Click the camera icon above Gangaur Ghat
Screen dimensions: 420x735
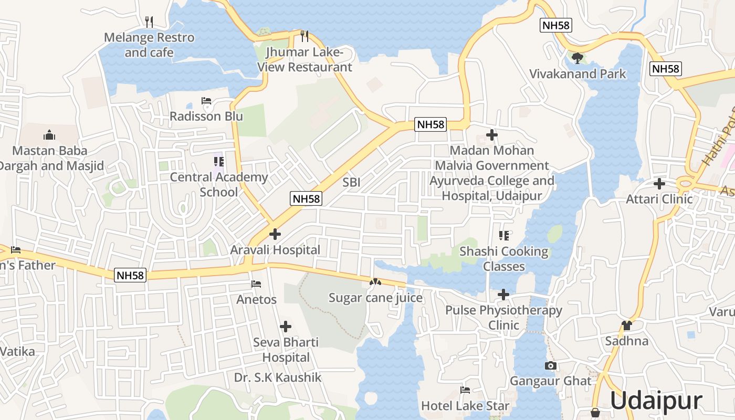pyautogui.click(x=550, y=365)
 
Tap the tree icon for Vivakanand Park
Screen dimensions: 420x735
pyautogui.click(x=577, y=57)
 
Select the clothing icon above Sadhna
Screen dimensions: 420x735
pyautogui.click(x=626, y=325)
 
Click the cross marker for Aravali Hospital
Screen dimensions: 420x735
pyautogui.click(x=275, y=234)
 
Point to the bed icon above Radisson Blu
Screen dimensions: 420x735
pyautogui.click(x=206, y=101)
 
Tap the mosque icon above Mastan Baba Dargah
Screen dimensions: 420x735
pyautogui.click(x=49, y=135)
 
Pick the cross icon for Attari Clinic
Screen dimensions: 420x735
pyautogui.click(x=659, y=184)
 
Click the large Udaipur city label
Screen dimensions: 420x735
pyautogui.click(x=656, y=401)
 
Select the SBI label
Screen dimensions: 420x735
pyautogui.click(x=351, y=183)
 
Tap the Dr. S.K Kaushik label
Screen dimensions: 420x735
pyautogui.click(x=278, y=377)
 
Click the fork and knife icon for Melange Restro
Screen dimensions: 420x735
pyautogui.click(x=149, y=22)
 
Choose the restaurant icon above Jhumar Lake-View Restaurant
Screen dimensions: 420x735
pyautogui.click(x=304, y=36)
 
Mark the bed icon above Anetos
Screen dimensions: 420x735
pyautogui.click(x=256, y=284)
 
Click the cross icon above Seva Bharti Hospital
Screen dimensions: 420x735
pyautogui.click(x=286, y=327)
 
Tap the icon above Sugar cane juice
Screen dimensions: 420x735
pyautogui.click(x=375, y=282)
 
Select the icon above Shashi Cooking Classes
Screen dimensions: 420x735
pyautogui.click(x=503, y=236)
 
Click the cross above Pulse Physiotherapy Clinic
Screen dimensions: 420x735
pyautogui.click(x=503, y=295)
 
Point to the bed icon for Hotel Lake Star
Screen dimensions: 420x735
pyautogui.click(x=465, y=390)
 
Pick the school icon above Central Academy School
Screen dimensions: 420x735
pyautogui.click(x=218, y=162)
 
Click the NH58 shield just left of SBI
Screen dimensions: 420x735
pyautogui.click(x=306, y=198)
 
